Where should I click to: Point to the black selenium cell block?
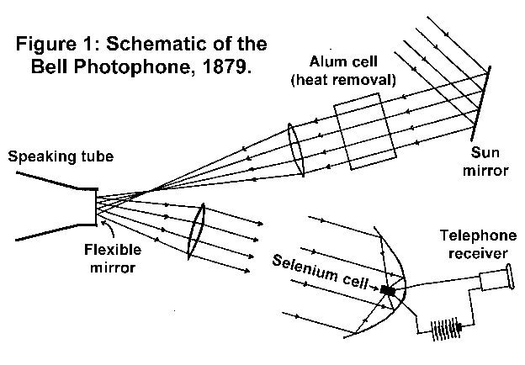click(387, 291)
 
